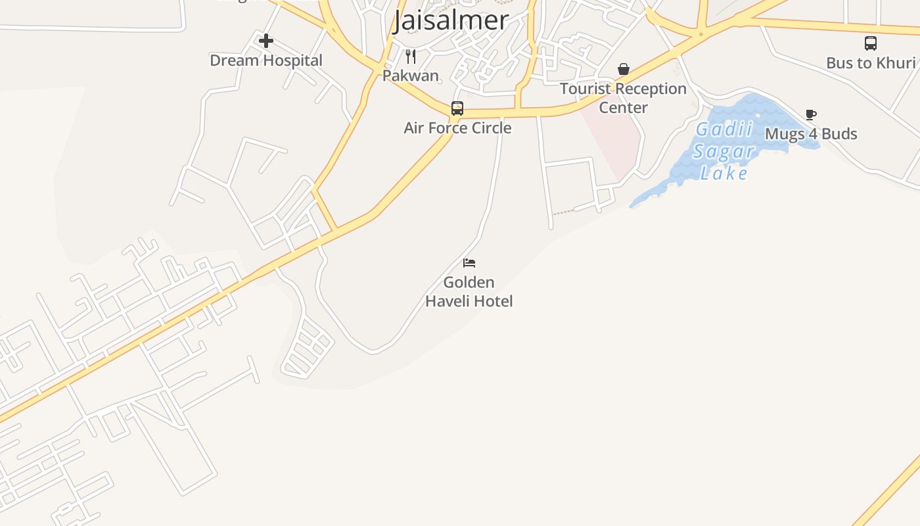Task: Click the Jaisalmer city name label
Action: coord(451,20)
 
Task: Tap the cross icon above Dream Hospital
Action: coord(265,41)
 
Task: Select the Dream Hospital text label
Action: coord(266,60)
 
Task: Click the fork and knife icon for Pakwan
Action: coord(411,57)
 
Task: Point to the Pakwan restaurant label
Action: coord(411,76)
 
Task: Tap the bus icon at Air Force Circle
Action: coord(457,108)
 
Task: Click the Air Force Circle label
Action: coord(457,128)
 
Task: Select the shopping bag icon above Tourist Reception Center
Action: coord(623,69)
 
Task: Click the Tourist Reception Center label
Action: coord(623,98)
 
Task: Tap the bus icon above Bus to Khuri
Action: coord(871,43)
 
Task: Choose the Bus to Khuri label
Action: coord(871,63)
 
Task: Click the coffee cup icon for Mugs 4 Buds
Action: coord(811,115)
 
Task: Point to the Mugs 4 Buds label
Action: coord(811,134)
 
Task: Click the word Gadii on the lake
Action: coord(725,130)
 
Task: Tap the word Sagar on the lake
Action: coord(725,152)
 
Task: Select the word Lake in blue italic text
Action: coord(724,173)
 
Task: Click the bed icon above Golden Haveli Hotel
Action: coord(469,263)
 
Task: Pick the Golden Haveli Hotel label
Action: coord(469,292)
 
